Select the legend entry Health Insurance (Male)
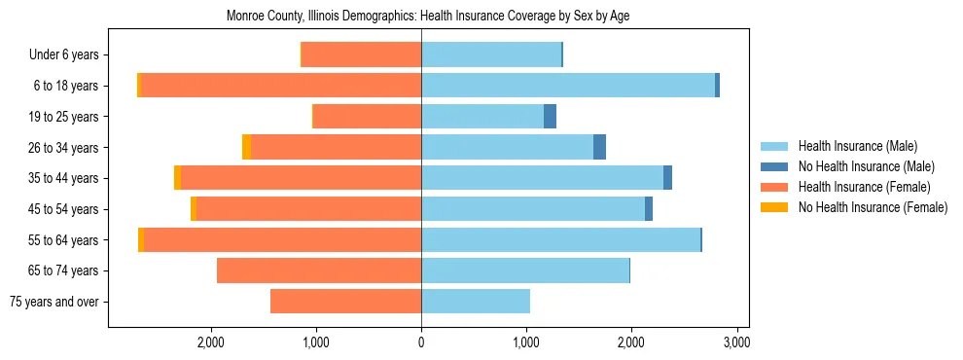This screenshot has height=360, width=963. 857,146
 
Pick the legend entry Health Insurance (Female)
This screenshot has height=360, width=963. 863,187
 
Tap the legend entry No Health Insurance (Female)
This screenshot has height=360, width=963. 872,207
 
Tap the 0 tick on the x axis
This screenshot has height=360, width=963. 421,342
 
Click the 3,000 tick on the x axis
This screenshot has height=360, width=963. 736,342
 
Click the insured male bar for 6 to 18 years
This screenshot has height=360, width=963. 568,86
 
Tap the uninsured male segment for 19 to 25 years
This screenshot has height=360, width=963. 550,117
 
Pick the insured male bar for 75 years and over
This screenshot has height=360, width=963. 476,302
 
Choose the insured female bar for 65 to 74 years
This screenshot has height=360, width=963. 319,270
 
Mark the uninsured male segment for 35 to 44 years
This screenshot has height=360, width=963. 667,178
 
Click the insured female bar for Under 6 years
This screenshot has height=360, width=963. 361,54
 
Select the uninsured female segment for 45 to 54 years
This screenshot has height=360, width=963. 194,209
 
